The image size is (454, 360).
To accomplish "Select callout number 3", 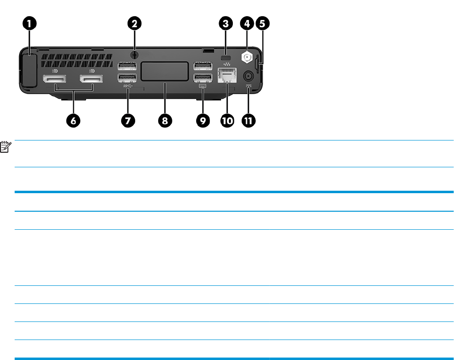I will [226, 23].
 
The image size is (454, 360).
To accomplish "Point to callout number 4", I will [247, 23].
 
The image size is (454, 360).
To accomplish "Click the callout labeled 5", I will [264, 23].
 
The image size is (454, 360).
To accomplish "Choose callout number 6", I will [74, 121].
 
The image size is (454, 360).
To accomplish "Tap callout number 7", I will [127, 121].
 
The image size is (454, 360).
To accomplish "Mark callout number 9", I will [202, 121].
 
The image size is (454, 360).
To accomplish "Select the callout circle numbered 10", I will [227, 121].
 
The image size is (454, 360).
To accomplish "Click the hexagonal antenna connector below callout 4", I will [247, 56].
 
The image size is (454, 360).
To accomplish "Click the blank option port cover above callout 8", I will [165, 71].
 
